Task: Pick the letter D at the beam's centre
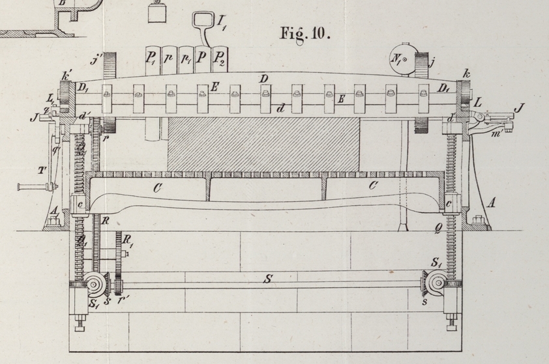point(264,79)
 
